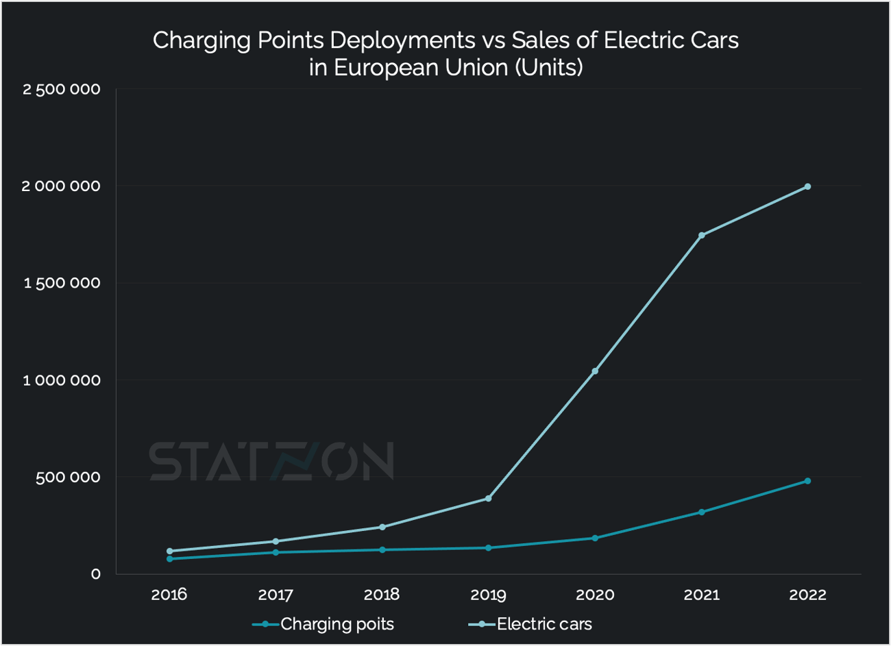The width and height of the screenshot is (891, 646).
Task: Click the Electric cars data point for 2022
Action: tap(807, 186)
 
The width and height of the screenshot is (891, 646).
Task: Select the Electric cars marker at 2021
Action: tap(701, 235)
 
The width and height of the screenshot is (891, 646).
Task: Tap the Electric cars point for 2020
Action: tap(595, 371)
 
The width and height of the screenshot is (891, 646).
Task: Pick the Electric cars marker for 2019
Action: tap(488, 498)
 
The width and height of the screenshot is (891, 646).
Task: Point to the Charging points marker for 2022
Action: tap(807, 481)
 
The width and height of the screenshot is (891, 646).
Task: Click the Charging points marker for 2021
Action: tap(701, 512)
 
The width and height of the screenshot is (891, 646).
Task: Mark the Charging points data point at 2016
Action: tap(169, 558)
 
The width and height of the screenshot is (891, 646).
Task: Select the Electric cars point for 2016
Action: tap(169, 551)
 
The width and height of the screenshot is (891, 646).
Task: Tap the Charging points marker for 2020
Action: tap(595, 538)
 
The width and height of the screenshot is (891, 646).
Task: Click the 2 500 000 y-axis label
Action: tap(62, 90)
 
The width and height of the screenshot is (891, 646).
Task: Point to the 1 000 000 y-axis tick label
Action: tap(62, 380)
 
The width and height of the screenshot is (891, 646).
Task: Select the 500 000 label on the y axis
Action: tap(68, 477)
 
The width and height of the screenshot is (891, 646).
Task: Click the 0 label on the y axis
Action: tap(96, 574)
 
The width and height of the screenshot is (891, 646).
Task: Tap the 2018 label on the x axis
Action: tap(382, 595)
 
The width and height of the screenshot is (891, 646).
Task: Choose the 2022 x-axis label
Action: tap(807, 595)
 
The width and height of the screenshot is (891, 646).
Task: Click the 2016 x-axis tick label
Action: tap(169, 595)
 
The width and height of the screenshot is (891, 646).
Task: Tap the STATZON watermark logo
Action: tap(271, 461)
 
